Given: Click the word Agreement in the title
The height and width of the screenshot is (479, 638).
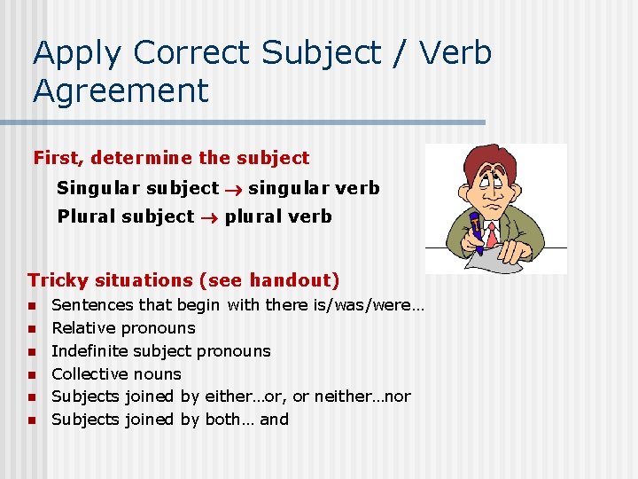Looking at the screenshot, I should (x=121, y=90).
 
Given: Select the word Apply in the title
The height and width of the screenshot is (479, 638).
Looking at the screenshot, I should (x=77, y=53).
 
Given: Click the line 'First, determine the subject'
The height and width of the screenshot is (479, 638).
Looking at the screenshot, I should (x=171, y=159).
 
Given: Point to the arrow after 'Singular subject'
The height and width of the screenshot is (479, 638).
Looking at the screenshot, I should (x=234, y=188).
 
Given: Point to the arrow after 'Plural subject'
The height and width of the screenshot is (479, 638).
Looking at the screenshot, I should (x=209, y=216).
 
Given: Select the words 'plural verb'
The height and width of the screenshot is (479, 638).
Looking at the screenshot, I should (x=278, y=216).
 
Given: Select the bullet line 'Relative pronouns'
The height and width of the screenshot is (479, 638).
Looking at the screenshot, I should (x=123, y=327).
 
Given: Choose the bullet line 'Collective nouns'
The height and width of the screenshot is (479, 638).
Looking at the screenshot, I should (x=116, y=373).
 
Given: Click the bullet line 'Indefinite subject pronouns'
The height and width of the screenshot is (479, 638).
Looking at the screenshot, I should (x=161, y=350).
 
